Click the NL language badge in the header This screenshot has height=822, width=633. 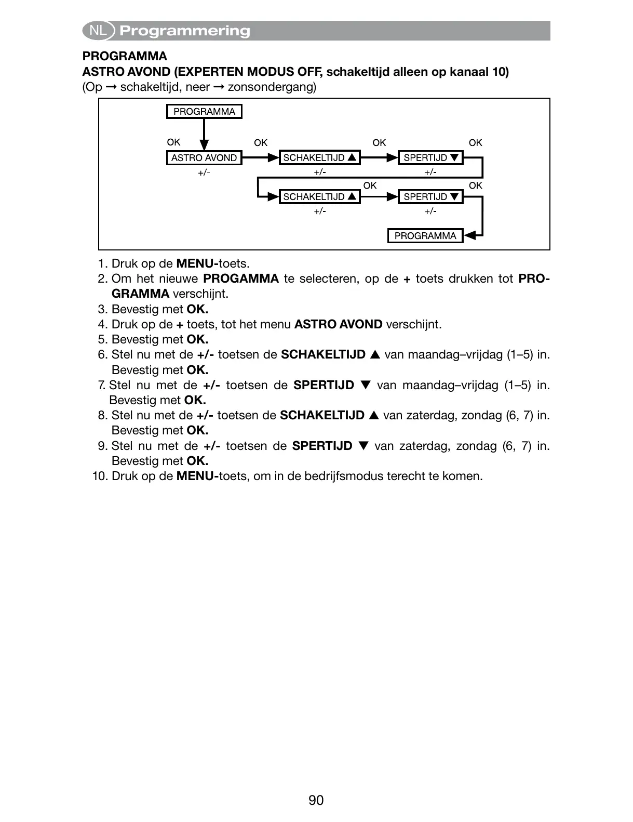(98, 31)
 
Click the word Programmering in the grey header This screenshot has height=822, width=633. (185, 31)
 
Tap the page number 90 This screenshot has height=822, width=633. (316, 800)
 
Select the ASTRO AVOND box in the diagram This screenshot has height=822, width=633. (204, 158)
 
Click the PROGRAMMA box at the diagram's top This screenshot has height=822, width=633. (204, 112)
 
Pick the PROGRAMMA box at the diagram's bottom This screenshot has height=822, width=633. (425, 236)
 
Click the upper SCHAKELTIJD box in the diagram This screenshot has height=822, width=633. (319, 158)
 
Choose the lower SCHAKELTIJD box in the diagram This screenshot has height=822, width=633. (319, 197)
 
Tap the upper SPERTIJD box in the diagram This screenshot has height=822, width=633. (430, 158)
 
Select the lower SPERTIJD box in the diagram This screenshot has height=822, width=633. (430, 197)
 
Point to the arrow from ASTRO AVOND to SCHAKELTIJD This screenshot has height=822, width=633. (261, 157)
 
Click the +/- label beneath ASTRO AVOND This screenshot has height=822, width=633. (204, 173)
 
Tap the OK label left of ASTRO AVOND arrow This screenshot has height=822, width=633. (173, 142)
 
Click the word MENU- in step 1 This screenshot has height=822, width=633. (197, 264)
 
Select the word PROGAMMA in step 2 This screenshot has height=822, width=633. (241, 279)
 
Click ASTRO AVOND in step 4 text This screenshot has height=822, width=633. (338, 325)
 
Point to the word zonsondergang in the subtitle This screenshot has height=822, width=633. (272, 87)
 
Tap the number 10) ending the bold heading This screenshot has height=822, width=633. (500, 72)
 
